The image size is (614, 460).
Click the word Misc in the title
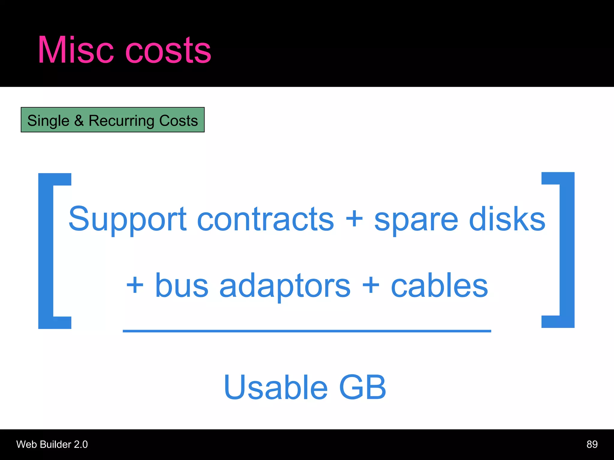76,50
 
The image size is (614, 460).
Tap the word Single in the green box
48,121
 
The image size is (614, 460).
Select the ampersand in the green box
79,120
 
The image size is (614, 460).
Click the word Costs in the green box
178,120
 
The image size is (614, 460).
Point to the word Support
127,220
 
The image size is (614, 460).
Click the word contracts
265,220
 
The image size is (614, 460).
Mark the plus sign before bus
135,285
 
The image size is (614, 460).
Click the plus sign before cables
371,285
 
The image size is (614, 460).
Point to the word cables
439,285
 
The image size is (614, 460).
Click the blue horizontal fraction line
307,331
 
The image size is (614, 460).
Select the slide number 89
592,444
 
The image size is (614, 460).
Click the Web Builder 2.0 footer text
52,444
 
